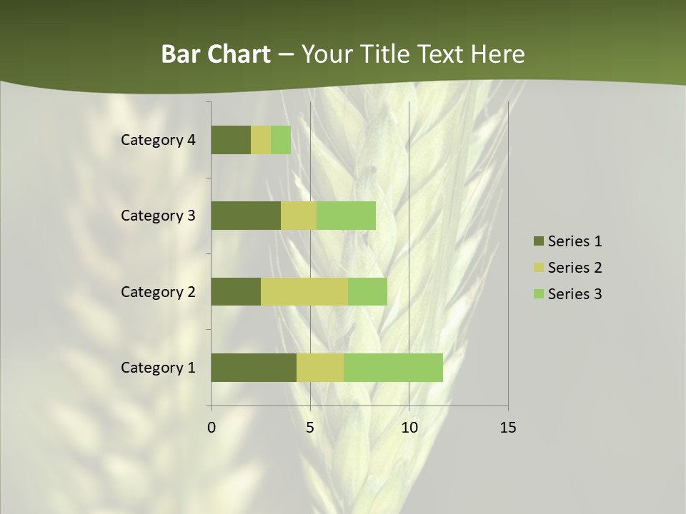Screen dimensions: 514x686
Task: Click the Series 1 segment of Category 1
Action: click(254, 368)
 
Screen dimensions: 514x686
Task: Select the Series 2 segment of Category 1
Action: click(320, 368)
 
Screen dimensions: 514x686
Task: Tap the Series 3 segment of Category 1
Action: click(393, 368)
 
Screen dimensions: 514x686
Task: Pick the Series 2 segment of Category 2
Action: click(304, 291)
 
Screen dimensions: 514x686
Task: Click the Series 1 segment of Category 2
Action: click(236, 291)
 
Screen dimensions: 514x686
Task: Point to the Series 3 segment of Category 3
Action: click(346, 216)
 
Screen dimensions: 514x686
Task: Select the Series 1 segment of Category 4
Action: click(231, 140)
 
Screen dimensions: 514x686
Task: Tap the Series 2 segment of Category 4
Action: click(261, 140)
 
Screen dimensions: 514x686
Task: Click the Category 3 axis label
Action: click(158, 216)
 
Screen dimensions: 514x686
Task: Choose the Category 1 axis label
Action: click(158, 368)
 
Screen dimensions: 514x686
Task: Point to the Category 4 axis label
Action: click(158, 140)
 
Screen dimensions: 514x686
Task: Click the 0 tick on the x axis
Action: click(212, 428)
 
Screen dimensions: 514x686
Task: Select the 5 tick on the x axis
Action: click(310, 428)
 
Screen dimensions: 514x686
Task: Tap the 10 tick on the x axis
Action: click(409, 428)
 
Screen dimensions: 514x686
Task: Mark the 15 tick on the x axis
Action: click(507, 428)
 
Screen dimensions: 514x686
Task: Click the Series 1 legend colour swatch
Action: click(538, 241)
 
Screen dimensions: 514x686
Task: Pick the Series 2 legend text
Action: click(575, 268)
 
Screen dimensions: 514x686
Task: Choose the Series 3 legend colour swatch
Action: click(538, 294)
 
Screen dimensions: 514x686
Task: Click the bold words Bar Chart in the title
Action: click(216, 54)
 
